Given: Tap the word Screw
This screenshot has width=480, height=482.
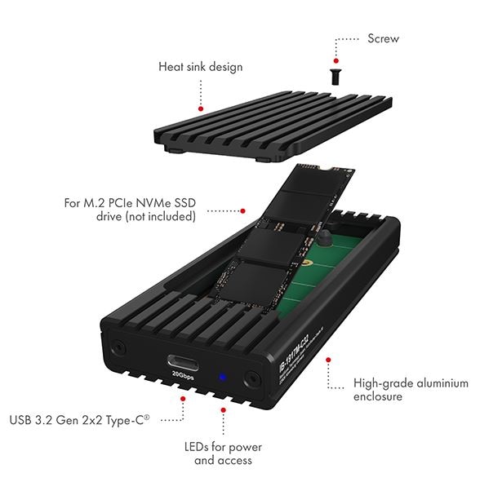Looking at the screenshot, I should pyautogui.click(x=383, y=38).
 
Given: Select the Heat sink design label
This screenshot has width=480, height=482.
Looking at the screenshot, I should pyautogui.click(x=199, y=66).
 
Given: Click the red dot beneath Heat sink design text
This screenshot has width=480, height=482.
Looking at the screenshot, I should pyautogui.click(x=200, y=108).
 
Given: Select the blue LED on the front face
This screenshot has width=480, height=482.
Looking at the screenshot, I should pyautogui.click(x=223, y=378).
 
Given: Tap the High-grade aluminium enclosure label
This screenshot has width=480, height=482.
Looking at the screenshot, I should pyautogui.click(x=411, y=389).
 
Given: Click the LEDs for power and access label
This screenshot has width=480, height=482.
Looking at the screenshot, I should pyautogui.click(x=223, y=453).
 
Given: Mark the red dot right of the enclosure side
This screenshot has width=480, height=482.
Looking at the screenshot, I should pyautogui.click(x=328, y=358).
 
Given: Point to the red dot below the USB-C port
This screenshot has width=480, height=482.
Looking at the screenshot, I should pyautogui.click(x=182, y=399).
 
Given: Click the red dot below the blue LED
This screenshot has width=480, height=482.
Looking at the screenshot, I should pyautogui.click(x=223, y=409).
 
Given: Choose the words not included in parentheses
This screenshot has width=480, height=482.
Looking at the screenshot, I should pyautogui.click(x=167, y=217).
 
